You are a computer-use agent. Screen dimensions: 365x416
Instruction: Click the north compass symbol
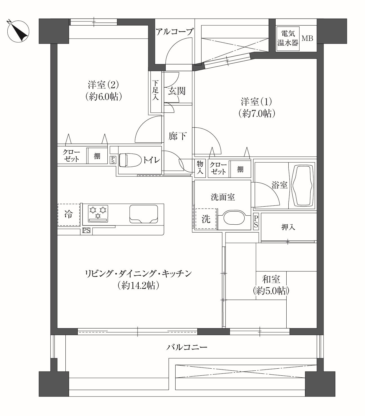click(x=18, y=31)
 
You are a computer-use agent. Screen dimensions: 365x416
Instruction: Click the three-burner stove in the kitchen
click(x=98, y=214)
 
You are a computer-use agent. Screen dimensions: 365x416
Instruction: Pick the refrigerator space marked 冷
click(x=68, y=214)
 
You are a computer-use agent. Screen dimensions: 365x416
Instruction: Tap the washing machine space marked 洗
click(x=206, y=219)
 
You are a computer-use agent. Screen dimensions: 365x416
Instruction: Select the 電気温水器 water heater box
click(x=288, y=39)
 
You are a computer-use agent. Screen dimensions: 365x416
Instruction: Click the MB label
click(x=307, y=38)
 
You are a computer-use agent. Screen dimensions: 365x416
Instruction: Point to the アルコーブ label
click(x=174, y=32)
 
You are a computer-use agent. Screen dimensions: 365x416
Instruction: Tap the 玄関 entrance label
click(x=176, y=91)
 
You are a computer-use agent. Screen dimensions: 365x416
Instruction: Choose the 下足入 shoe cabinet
click(x=156, y=92)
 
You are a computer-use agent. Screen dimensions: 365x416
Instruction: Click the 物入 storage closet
click(x=200, y=167)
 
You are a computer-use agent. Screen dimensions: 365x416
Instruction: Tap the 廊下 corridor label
click(x=178, y=136)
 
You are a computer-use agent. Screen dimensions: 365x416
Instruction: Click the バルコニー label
click(x=187, y=348)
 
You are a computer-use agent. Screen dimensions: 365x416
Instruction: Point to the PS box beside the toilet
click(x=112, y=160)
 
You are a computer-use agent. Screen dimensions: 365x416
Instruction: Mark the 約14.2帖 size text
click(x=138, y=286)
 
